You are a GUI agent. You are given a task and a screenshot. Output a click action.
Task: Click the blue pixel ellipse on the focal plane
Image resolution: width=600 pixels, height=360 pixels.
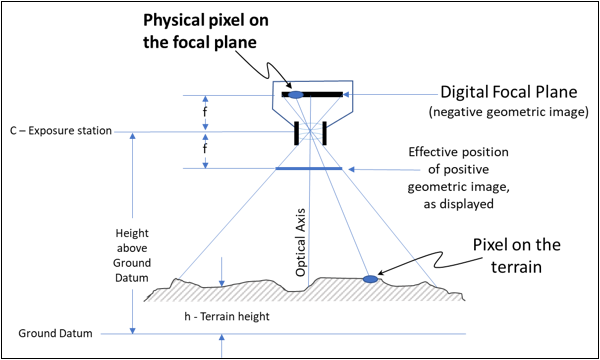pos(296,94)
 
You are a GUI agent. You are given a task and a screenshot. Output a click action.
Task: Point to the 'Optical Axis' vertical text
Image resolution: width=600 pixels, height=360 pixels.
pos(301,245)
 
